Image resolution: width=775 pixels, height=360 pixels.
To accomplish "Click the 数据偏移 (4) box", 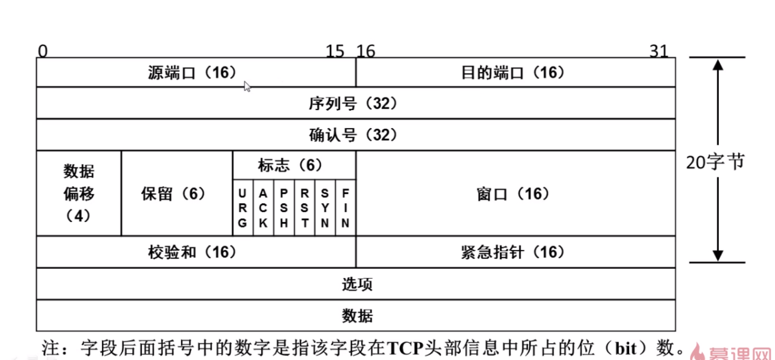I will pyautogui.click(x=79, y=193).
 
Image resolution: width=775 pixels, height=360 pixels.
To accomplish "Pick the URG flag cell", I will pyautogui.click(x=243, y=208).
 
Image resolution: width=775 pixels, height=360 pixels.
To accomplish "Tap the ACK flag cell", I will pyautogui.click(x=263, y=208).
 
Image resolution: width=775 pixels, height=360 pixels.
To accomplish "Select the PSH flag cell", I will pyautogui.click(x=284, y=208).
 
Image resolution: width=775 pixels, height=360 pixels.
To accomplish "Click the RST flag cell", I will pyautogui.click(x=305, y=208).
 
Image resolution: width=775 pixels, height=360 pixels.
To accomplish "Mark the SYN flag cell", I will pyautogui.click(x=325, y=208).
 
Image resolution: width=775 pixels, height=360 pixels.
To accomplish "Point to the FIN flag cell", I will pyautogui.click(x=346, y=208).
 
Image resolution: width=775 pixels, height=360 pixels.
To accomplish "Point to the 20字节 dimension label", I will pyautogui.click(x=715, y=162).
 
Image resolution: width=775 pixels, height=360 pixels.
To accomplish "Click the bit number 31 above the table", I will pyautogui.click(x=659, y=51).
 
